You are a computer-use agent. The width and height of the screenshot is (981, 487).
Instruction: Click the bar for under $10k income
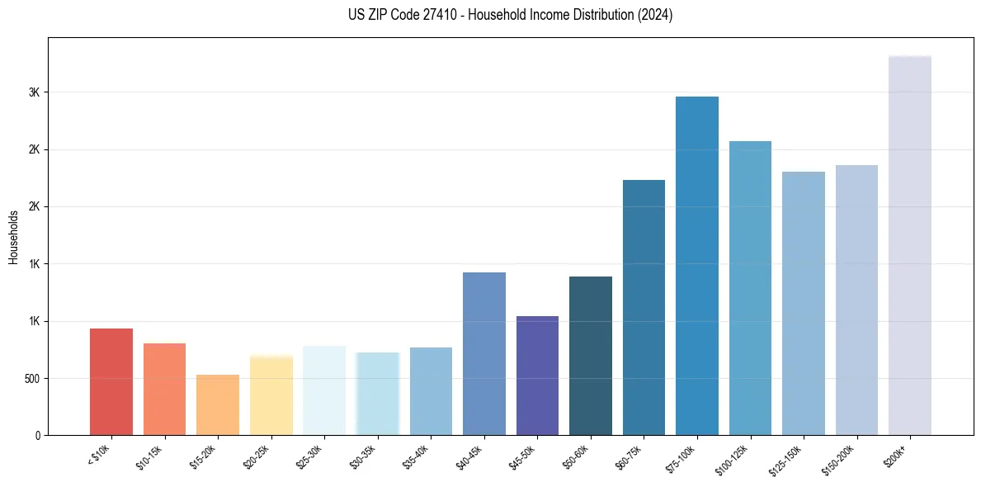coord(111,381)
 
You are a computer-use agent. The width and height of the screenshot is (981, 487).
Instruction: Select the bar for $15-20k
coord(218,404)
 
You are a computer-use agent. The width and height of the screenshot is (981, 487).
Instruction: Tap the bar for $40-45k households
coord(484,353)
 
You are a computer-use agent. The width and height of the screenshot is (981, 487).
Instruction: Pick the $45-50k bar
coord(537,376)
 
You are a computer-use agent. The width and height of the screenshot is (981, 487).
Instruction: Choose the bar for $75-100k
coord(697,266)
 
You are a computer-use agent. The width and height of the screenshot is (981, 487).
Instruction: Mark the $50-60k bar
coord(591,356)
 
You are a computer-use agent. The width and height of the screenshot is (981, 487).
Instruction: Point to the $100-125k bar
coord(750,288)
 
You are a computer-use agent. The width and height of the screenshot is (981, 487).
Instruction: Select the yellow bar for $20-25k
coord(271,395)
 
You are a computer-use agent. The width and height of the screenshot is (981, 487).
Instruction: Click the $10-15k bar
coord(165,389)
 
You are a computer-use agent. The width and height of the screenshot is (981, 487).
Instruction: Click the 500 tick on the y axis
coord(32,379)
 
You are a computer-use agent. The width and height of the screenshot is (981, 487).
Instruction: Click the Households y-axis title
coord(13,237)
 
